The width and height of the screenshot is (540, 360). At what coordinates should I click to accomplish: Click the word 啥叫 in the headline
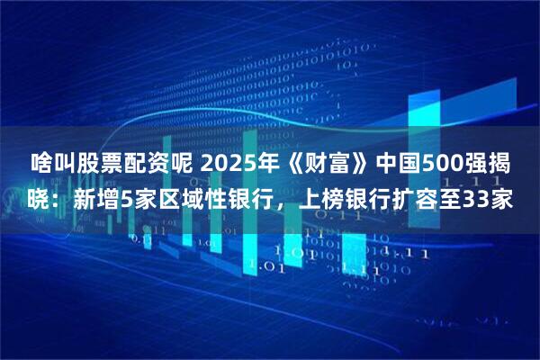[x=54, y=166]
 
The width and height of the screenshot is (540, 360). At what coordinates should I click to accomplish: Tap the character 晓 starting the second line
[x=41, y=201]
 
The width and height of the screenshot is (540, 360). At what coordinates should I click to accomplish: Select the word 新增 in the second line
[x=98, y=201]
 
